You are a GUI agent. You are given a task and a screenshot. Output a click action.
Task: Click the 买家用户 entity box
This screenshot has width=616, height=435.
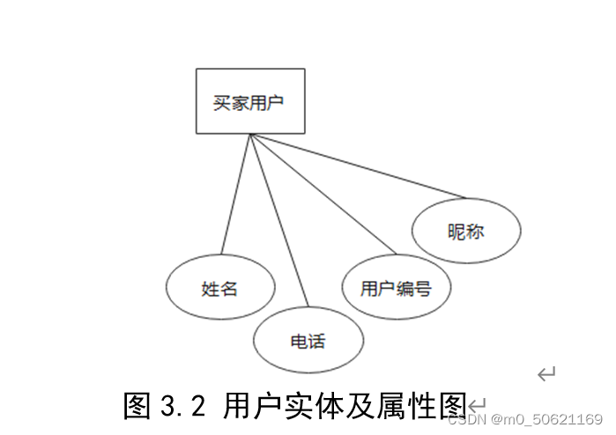click(250, 101)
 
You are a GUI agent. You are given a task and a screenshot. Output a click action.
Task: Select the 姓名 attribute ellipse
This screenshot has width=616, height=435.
click(220, 288)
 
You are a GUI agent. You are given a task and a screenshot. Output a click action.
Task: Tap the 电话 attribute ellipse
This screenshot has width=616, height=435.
click(308, 341)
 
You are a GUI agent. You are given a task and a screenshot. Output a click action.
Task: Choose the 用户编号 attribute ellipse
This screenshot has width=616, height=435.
click(397, 287)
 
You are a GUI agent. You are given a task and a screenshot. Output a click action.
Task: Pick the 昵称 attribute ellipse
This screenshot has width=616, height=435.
click(466, 232)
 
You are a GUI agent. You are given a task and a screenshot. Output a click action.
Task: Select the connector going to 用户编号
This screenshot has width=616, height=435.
click(322, 193)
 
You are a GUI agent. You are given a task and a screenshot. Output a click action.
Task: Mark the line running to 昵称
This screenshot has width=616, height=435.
click(357, 165)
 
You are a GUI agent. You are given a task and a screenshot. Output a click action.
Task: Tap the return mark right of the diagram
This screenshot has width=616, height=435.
click(546, 374)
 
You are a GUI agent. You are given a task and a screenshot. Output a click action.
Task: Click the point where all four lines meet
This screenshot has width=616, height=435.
click(251, 135)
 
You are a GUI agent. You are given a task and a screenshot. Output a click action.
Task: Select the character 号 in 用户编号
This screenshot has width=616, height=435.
click(423, 288)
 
